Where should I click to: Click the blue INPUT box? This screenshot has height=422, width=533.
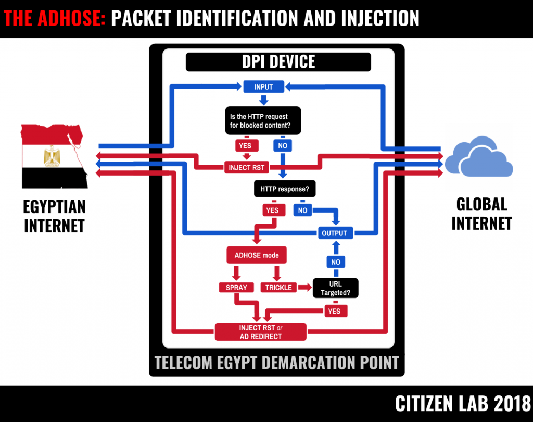click(263, 86)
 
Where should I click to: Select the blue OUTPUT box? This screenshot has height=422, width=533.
click(334, 233)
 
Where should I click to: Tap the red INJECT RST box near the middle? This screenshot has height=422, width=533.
click(247, 168)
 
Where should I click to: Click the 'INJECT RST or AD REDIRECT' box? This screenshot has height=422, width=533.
click(261, 332)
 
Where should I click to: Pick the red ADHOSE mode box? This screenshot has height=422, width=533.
click(257, 255)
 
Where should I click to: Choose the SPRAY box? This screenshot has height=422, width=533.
click(236, 287)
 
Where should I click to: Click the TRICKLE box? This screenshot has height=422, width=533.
click(278, 287)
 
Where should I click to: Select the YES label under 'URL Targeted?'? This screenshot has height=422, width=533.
click(334, 311)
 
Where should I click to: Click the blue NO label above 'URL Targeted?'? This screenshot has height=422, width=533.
click(336, 262)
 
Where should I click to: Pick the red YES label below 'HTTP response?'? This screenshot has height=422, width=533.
click(272, 210)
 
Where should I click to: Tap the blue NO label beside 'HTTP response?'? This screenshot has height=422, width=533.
click(302, 210)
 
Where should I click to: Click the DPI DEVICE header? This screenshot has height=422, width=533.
click(278, 62)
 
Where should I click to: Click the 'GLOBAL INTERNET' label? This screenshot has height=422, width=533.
click(481, 214)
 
